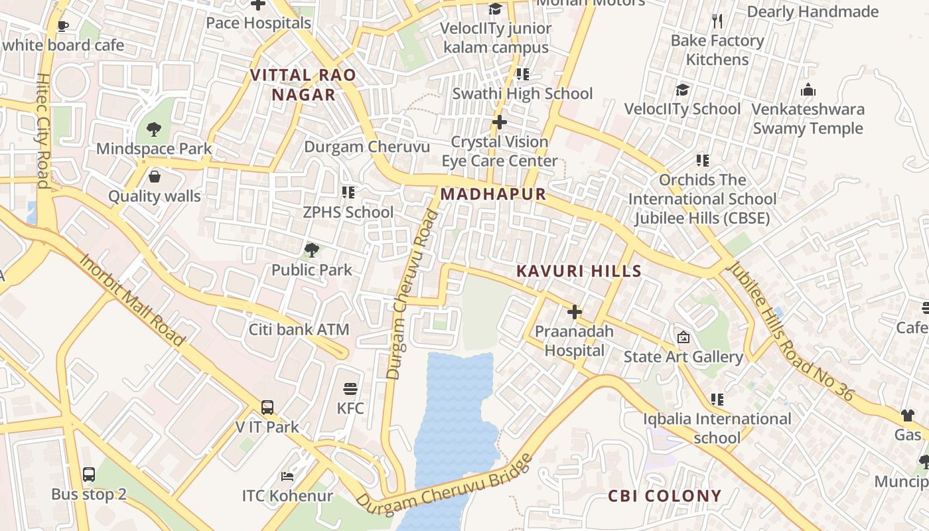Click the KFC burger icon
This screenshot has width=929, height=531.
[350, 388]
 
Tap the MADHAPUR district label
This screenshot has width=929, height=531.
[493, 194]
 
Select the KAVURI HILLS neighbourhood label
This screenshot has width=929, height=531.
[579, 271]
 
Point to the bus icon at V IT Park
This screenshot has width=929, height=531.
[267, 408]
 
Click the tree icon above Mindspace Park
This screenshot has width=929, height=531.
[154, 129]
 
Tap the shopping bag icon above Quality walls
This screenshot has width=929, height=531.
[155, 177]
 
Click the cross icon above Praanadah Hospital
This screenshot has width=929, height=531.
[575, 312]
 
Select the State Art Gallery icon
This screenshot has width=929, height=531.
[683, 337]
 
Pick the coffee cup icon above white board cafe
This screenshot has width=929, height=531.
[63, 26]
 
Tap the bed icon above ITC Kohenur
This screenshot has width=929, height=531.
[287, 477]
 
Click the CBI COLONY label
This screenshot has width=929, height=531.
[664, 496]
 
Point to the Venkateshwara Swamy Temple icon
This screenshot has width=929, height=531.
[808, 90]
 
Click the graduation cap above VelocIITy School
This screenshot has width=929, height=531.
[682, 90]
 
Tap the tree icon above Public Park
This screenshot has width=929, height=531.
[311, 250]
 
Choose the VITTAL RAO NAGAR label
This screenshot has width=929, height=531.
[303, 85]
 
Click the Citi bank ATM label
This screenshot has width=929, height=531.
[299, 329]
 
